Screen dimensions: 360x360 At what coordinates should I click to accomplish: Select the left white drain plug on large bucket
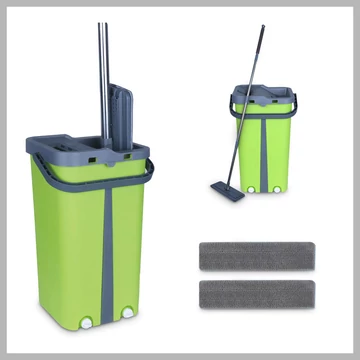tap(87, 323)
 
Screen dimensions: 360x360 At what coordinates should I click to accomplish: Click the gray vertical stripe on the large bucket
tap(107, 250)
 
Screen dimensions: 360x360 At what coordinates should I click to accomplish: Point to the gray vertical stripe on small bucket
tap(265, 150)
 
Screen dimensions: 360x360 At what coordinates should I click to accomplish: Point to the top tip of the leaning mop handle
tap(263, 29)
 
